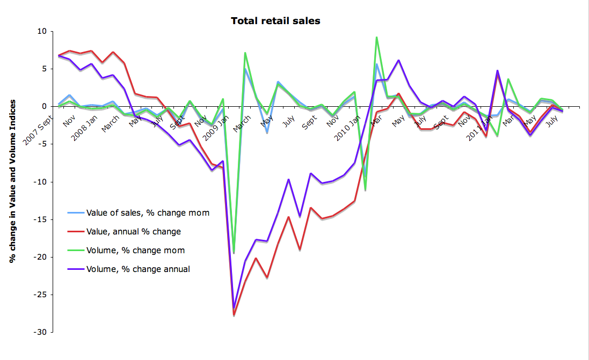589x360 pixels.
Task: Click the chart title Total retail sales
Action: [275, 21]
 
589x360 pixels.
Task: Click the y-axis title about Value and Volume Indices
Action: [12, 181]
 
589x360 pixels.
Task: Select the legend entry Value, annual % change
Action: [134, 232]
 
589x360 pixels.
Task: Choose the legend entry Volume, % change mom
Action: [135, 251]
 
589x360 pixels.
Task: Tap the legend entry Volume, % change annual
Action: [138, 269]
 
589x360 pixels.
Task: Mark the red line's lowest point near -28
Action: [234, 315]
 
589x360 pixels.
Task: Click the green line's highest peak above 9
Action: [377, 37]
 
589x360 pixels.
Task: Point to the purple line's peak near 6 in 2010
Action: [398, 60]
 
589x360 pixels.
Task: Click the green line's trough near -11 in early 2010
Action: [366, 190]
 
